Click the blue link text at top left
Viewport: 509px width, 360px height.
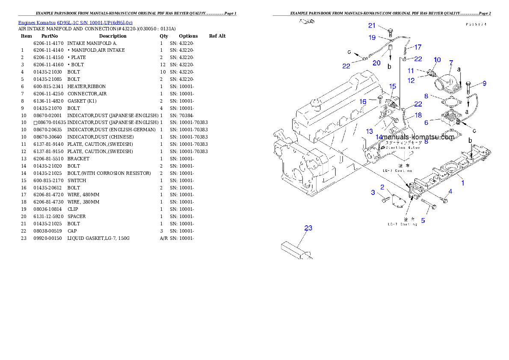coord(75,22)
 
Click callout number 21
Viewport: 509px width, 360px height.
coord(372,26)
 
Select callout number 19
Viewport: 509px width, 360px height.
coord(372,38)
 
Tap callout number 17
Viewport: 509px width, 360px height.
coord(418,47)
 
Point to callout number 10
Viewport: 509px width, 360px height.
coord(437,59)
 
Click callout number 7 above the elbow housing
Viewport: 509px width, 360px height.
coord(451,63)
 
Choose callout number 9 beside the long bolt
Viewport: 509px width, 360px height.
coord(484,83)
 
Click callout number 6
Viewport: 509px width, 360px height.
coord(426,122)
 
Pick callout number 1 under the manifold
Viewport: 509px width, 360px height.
coord(462,183)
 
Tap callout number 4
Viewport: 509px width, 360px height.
coord(450,191)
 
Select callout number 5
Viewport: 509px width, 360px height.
coord(423,221)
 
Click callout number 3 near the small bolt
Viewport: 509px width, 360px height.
coord(373,193)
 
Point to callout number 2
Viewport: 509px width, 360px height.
coord(382,187)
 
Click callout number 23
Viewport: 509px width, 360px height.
coord(308,228)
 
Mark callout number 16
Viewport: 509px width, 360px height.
coord(363,102)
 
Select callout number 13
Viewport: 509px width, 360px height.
coord(370,131)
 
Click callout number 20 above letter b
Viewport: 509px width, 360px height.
coord(376,63)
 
